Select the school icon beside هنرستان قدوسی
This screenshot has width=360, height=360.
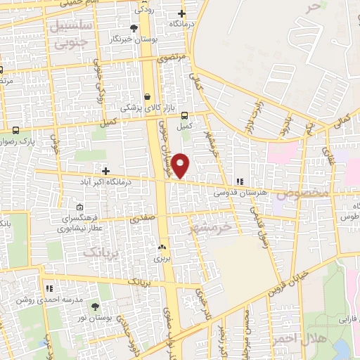click(239, 181)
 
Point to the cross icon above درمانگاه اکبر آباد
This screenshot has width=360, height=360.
click(105, 170)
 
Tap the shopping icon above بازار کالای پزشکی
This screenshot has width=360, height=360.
click(147, 97)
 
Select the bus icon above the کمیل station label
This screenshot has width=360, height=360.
click(184, 116)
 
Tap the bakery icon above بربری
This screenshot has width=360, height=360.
click(162, 247)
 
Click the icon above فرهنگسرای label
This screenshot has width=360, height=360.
click(79, 207)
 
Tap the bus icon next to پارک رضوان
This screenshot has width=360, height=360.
click(16, 129)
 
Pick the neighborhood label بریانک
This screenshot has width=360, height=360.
click(98, 251)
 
